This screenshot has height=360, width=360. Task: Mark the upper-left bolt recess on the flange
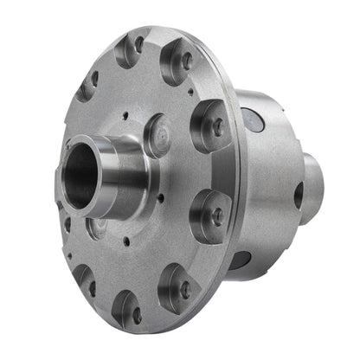click(x=87, y=85)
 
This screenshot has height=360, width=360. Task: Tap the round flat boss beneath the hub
click(x=98, y=230)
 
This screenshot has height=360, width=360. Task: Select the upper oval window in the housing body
click(x=251, y=119)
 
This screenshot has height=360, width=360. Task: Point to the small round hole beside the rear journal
click(x=299, y=196)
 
